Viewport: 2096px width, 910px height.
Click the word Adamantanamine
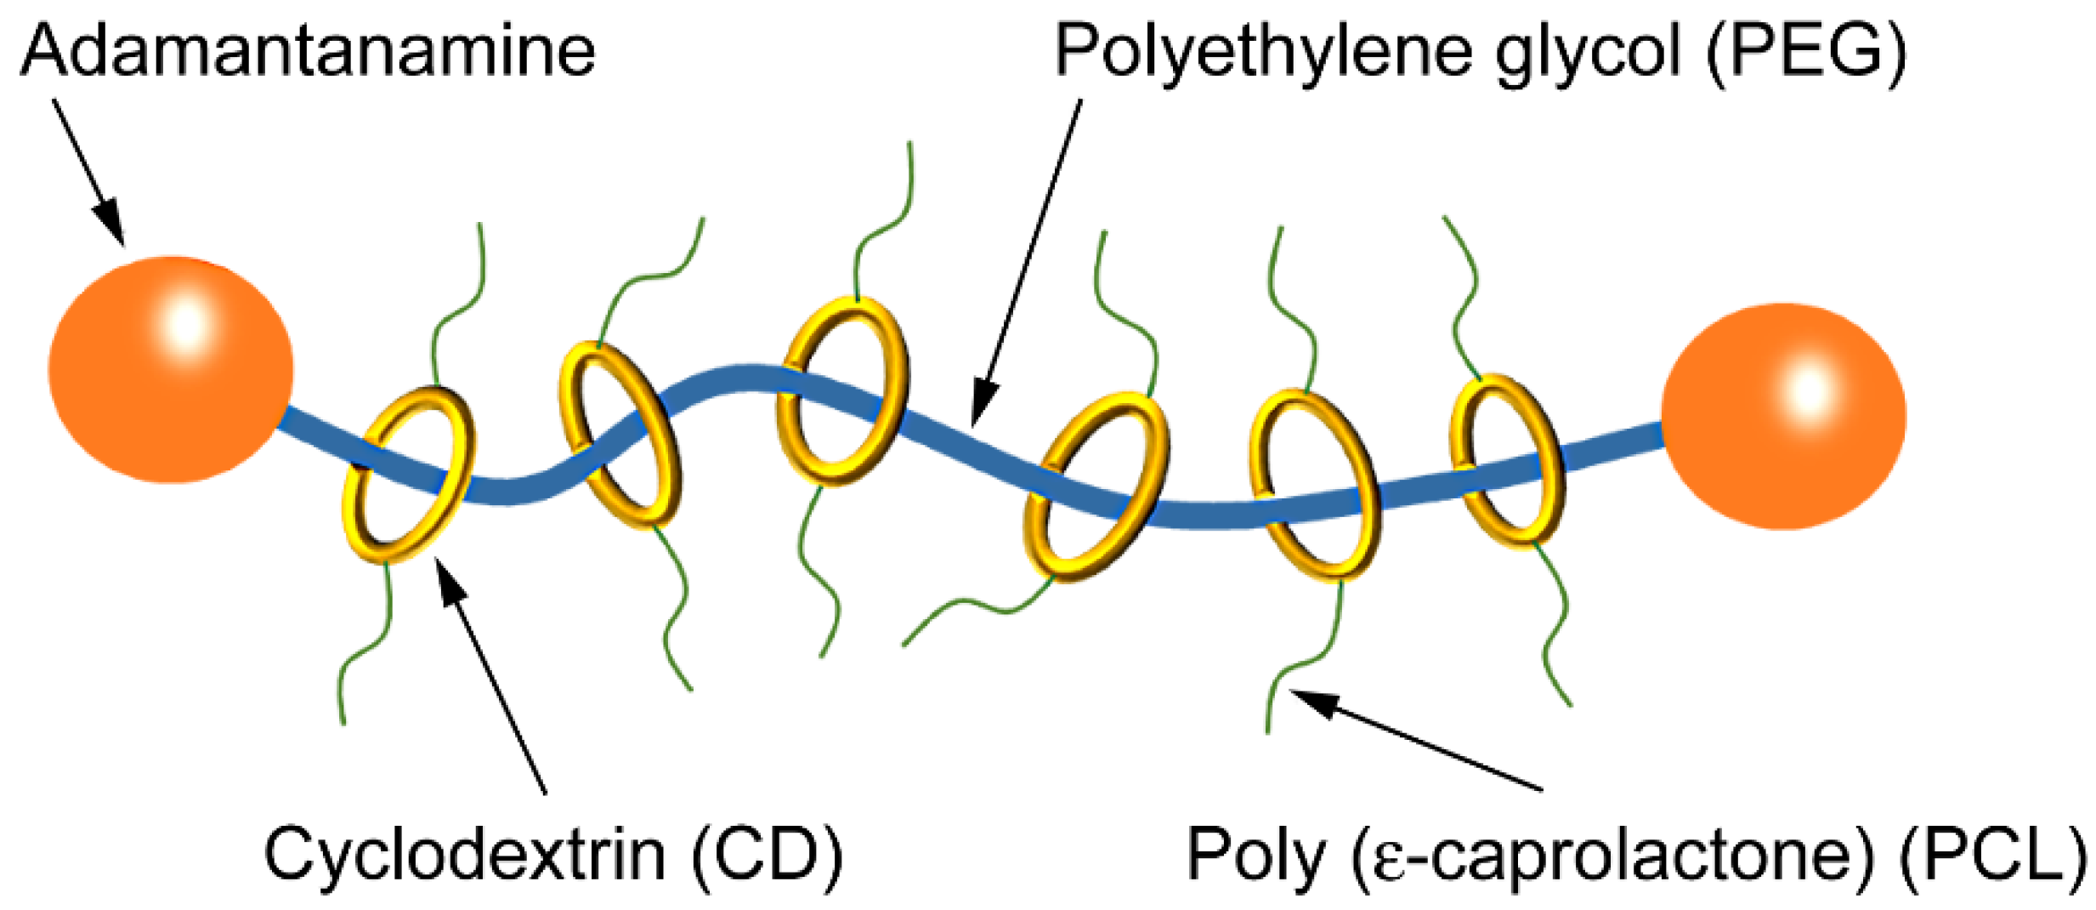pyautogui.click(x=308, y=51)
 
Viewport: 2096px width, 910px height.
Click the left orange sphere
pyautogui.click(x=171, y=370)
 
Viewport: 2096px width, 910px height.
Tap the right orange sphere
pyautogui.click(x=1783, y=416)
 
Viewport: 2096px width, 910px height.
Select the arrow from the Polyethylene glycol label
pyautogui.click(x=1028, y=264)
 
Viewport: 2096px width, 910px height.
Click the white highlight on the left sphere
pyautogui.click(x=185, y=323)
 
